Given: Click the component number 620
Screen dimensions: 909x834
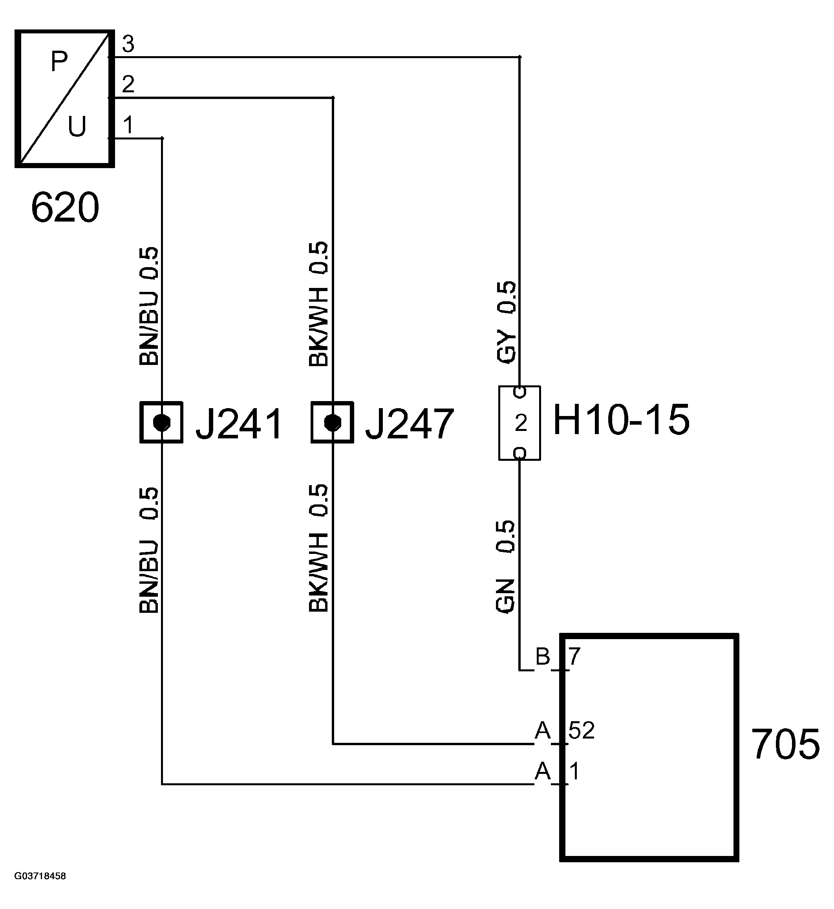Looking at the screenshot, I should [x=65, y=207].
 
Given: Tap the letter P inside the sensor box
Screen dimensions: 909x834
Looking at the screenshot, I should [x=59, y=61].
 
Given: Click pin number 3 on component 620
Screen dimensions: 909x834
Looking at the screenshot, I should [x=128, y=44].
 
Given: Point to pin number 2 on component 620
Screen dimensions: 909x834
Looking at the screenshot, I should [x=128, y=84].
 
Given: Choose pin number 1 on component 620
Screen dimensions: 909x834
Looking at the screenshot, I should [x=128, y=125].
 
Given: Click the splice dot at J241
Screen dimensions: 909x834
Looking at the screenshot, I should [x=161, y=423].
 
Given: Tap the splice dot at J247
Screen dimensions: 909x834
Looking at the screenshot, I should [x=333, y=423].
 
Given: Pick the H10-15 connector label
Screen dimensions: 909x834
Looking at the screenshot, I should [x=622, y=420].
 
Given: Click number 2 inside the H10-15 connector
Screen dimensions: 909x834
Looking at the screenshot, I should [x=520, y=423].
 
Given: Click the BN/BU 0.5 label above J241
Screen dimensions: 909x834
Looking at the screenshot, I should [x=149, y=306].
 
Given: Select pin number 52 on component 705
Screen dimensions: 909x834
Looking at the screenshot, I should [x=581, y=730].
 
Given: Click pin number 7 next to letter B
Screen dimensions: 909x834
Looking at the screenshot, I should [x=574, y=656].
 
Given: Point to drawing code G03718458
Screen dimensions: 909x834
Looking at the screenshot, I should [x=40, y=876].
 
